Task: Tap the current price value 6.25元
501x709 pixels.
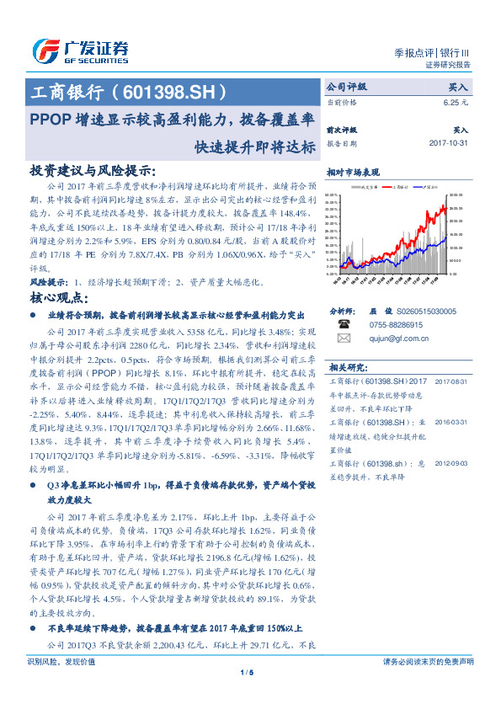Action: tap(456, 102)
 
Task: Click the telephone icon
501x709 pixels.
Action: tap(343, 324)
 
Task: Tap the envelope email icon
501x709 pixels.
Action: tap(343, 339)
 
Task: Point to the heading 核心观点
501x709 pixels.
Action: tap(61, 298)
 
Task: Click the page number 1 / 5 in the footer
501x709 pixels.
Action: tap(247, 696)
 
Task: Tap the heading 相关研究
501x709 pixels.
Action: tap(346, 367)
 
